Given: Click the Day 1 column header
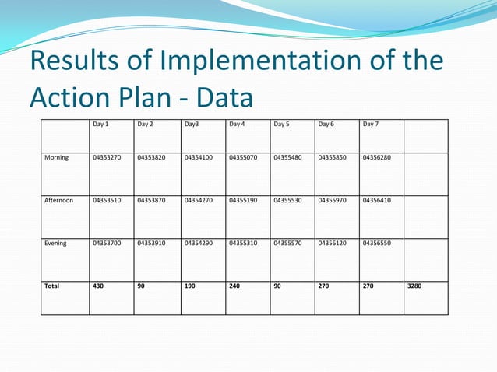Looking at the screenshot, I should [x=100, y=124].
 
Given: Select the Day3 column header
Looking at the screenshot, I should [x=192, y=124].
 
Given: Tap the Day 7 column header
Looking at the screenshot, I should [x=371, y=124].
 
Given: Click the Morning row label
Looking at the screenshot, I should [x=56, y=157].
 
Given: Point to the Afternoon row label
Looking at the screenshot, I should [x=59, y=200].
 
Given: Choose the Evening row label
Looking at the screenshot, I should [x=55, y=243].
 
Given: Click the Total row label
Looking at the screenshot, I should [x=52, y=286].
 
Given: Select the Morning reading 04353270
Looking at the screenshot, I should [x=107, y=157].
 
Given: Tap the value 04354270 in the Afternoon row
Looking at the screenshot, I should [x=199, y=200].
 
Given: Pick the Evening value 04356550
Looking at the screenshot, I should [x=377, y=243].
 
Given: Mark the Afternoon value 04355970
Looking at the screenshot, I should [x=333, y=200].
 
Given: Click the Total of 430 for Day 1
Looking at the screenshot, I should [x=98, y=286].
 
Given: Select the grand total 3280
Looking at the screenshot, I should [x=415, y=286].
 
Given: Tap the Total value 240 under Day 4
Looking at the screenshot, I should [x=234, y=286].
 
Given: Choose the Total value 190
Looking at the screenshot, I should [x=190, y=286].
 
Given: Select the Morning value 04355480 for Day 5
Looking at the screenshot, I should [x=288, y=157].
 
